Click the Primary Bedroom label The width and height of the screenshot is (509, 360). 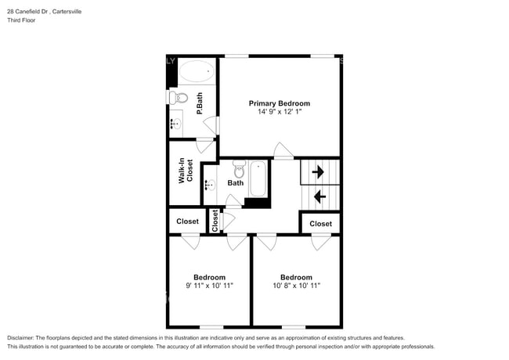(279, 103)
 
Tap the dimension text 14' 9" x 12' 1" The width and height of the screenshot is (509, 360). (279, 113)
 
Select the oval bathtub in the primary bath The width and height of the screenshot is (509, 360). (196, 74)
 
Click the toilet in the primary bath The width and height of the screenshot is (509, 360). (180, 99)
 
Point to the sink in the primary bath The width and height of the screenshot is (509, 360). (176, 123)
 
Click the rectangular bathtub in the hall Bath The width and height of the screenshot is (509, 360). (258, 178)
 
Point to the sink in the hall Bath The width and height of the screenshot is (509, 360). (210, 185)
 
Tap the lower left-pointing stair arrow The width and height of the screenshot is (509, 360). (319, 196)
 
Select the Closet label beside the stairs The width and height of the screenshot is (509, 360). (320, 224)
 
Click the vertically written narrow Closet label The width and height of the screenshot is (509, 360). (215, 221)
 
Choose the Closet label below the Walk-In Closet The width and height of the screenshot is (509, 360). (187, 221)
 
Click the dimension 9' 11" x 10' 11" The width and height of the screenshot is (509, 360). (209, 286)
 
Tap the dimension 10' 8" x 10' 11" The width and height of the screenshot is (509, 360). (296, 286)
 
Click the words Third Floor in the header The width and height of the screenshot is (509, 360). (21, 20)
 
